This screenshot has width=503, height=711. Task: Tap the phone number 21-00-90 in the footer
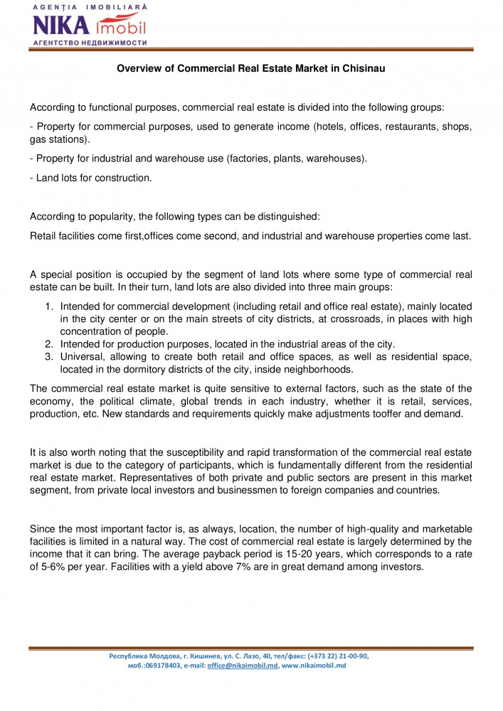click(350, 656)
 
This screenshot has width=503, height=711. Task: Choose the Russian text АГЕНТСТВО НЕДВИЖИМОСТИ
click(90, 43)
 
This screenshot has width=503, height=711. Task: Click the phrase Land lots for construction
click(93, 178)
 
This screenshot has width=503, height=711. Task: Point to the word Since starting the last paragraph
click(42, 528)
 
